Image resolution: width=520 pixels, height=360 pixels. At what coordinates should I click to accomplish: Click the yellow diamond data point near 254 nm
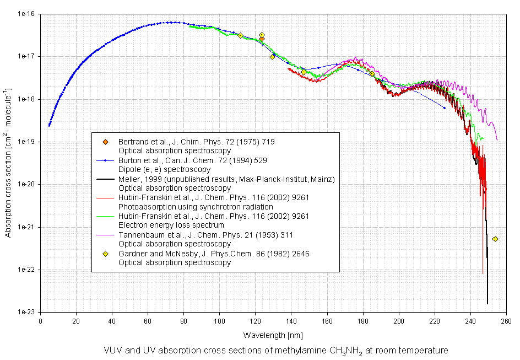495,239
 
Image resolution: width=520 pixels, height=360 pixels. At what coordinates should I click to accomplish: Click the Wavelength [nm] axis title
273,335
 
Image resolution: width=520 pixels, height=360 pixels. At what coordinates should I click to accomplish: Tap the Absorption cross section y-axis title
8,163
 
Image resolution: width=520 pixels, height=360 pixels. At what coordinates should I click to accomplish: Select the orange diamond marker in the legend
105,142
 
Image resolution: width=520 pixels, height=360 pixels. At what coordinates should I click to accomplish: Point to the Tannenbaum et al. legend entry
205,235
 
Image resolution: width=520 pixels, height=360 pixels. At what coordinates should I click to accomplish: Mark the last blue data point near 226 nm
445,108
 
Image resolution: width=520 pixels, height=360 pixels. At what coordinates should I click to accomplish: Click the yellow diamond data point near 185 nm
372,73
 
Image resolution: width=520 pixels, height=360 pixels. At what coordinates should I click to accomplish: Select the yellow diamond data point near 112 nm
241,35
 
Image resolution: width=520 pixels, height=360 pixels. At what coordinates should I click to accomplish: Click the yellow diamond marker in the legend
105,254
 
